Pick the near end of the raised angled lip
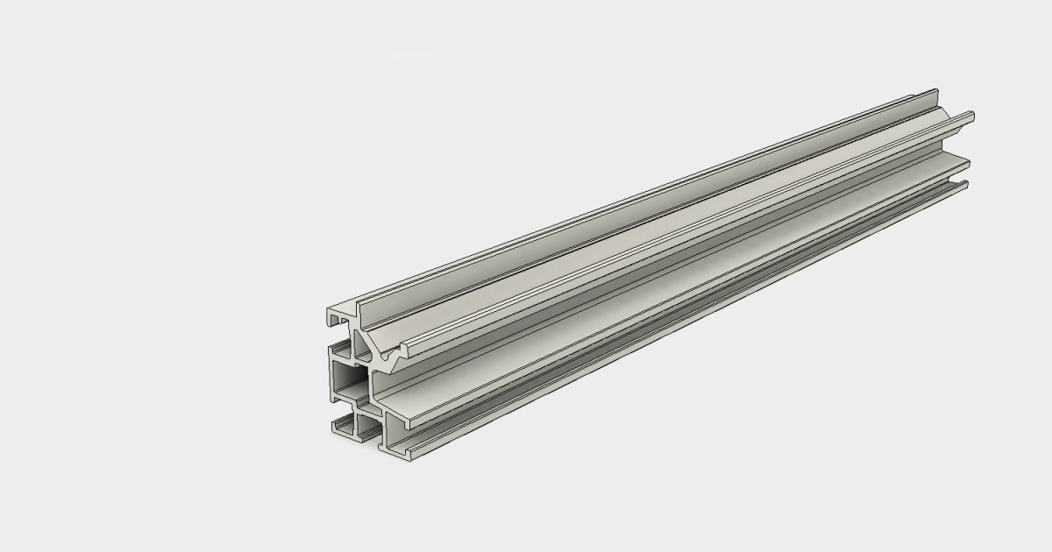(409, 350)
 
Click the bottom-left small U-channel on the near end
(345, 428)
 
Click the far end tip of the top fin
(936, 91)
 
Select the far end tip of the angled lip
(972, 115)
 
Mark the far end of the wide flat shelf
(968, 160)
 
